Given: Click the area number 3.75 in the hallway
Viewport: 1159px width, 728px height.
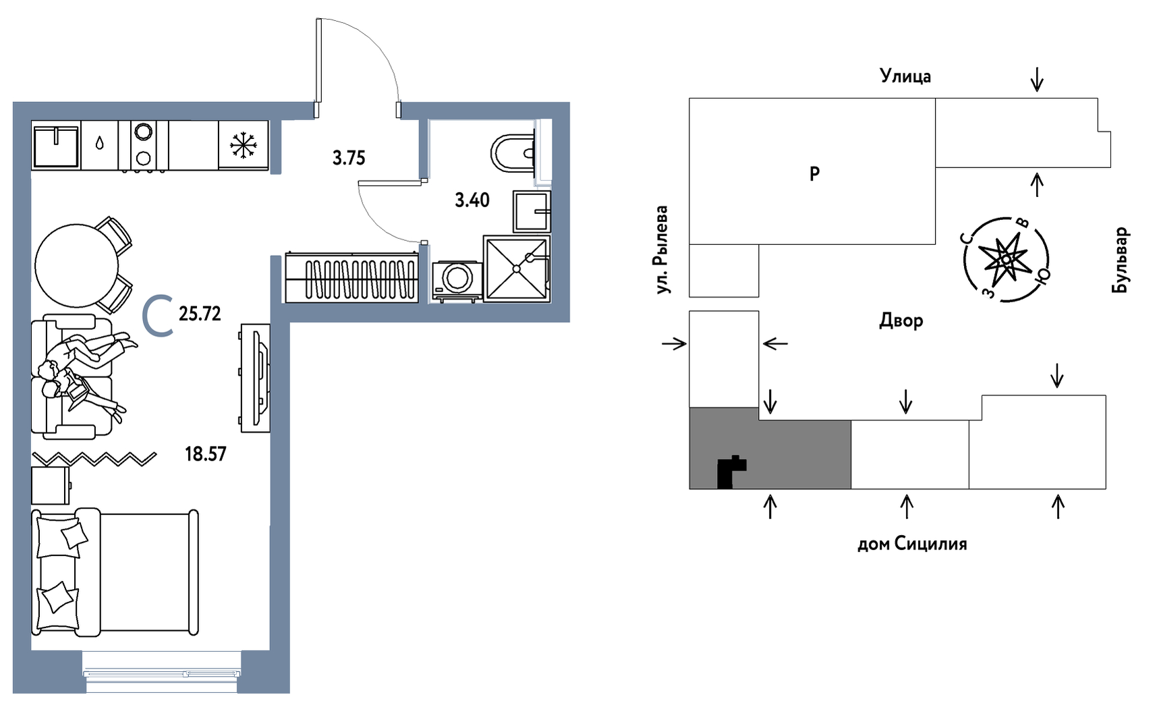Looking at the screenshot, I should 349,158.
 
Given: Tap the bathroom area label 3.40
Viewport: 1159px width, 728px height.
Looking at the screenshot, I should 472,200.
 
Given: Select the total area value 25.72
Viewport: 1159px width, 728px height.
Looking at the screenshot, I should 200,314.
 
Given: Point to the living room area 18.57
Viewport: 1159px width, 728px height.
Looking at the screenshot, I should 206,454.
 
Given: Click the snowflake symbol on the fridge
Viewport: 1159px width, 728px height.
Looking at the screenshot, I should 244,145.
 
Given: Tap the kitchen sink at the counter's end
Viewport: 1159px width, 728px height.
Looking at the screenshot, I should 56,145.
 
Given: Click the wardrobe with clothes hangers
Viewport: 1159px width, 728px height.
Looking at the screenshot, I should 351,277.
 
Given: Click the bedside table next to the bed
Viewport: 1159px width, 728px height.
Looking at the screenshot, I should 50,485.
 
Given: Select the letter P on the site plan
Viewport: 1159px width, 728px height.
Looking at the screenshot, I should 814,174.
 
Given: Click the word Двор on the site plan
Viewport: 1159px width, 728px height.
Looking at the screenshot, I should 901,320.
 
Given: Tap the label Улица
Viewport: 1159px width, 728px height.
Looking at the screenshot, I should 905,76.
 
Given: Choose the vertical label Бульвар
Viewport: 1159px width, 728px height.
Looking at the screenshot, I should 1120,260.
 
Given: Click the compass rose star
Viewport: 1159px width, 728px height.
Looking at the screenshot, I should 1005,258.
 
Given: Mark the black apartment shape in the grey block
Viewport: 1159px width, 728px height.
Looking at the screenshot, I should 729,472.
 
